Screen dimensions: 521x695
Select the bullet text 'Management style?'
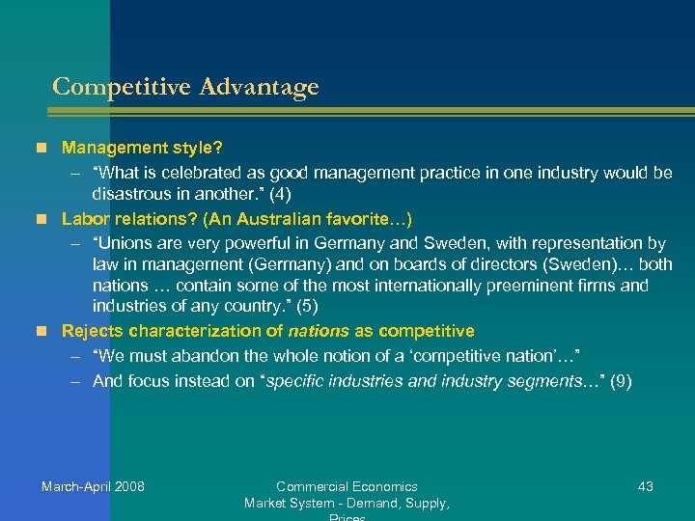[x=142, y=149]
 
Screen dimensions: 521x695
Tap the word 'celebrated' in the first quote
[x=202, y=173]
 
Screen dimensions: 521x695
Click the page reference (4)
[x=276, y=193]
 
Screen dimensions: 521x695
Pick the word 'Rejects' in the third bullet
[x=92, y=331]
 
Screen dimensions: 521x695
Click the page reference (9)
[x=616, y=381]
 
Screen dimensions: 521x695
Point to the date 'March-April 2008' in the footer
[x=93, y=486]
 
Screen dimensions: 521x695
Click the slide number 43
[x=646, y=486]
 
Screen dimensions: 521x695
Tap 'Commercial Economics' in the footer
[x=347, y=486]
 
